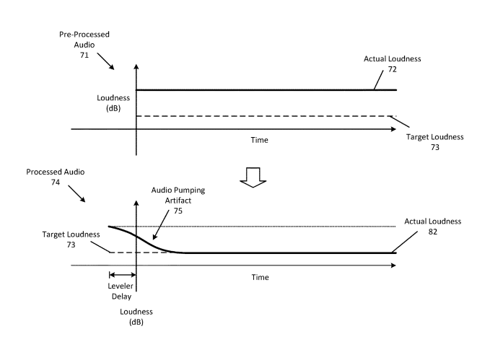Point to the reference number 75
tap(178, 211)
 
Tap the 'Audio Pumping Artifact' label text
tap(178, 196)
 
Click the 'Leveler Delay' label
tap(122, 289)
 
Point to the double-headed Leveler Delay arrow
tap(122, 273)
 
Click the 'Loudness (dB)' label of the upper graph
tap(111, 102)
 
